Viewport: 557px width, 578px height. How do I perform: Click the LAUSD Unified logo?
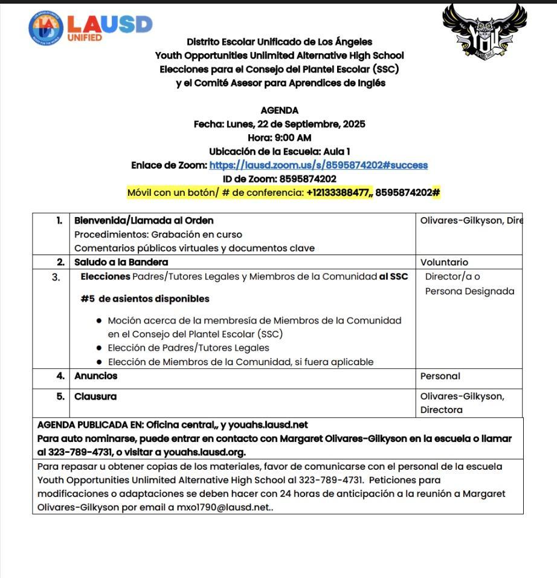coord(90,27)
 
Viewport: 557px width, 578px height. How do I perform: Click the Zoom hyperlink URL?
coord(318,165)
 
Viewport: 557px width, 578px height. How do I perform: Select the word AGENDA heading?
coord(279,111)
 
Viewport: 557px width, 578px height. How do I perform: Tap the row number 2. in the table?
coord(60,262)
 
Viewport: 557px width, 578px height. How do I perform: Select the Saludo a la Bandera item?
coord(121,262)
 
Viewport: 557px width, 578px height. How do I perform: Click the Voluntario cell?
coord(444,262)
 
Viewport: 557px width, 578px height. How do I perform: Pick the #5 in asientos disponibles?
coord(88,299)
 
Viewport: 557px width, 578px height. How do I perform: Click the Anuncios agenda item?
coord(95,376)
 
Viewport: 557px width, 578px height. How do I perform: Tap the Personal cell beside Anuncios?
coord(440,376)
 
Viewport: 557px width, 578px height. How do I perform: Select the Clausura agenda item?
coord(95,397)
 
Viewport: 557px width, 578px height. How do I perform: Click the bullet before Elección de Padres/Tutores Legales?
coord(99,348)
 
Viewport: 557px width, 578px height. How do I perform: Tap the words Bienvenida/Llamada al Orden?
coord(144,221)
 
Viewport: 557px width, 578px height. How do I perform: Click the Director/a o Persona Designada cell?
coord(469,284)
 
